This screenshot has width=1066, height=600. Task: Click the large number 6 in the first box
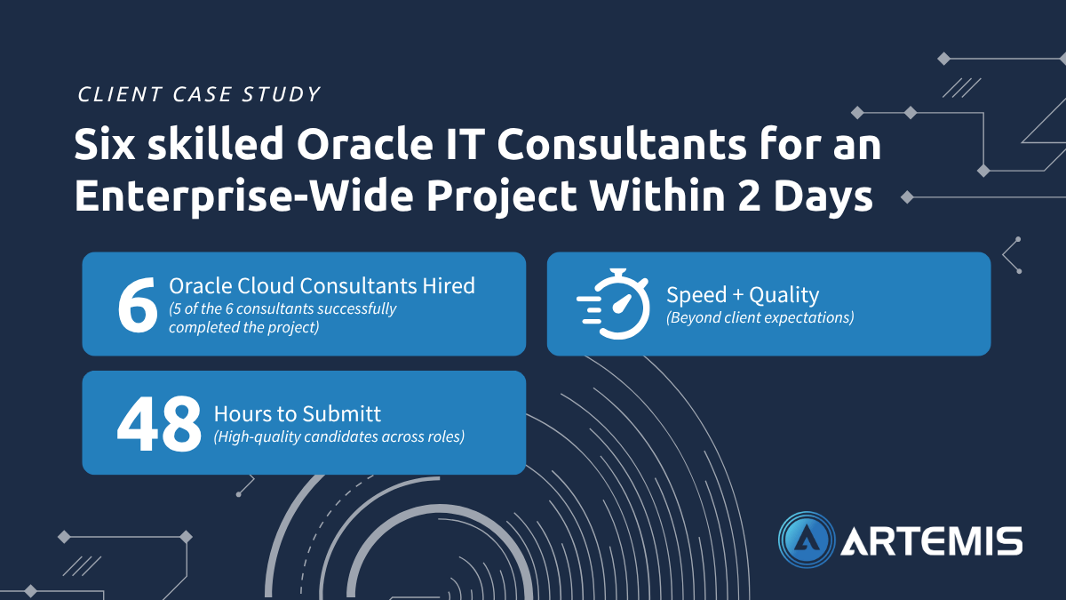click(138, 305)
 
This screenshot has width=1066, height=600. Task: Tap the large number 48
click(159, 423)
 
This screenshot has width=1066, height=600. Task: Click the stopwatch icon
click(613, 304)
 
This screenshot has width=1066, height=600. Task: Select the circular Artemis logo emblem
click(807, 540)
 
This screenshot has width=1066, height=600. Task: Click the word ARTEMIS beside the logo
click(932, 541)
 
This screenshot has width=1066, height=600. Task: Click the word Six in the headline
click(105, 144)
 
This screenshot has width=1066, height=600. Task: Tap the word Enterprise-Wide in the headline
click(244, 196)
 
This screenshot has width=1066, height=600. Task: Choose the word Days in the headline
click(823, 196)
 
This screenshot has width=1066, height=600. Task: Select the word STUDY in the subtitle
click(281, 94)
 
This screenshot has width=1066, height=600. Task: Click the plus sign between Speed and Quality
click(737, 295)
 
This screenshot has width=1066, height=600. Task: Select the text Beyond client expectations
click(760, 317)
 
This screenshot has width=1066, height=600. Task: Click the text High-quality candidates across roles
click(338, 436)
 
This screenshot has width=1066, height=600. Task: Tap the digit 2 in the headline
click(749, 196)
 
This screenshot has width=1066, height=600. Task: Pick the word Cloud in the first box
click(266, 285)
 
